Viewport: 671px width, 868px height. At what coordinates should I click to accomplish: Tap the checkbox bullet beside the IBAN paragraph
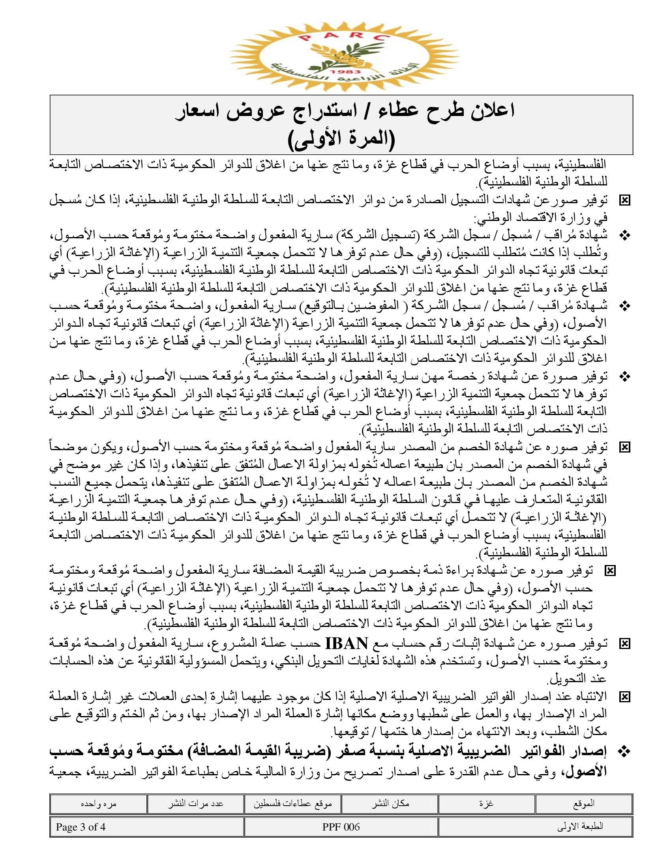tap(625, 644)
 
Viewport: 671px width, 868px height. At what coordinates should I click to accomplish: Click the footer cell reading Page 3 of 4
tap(81, 827)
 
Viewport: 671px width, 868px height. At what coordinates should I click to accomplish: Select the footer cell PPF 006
tap(341, 827)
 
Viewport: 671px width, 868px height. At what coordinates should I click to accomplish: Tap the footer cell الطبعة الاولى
tap(580, 827)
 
